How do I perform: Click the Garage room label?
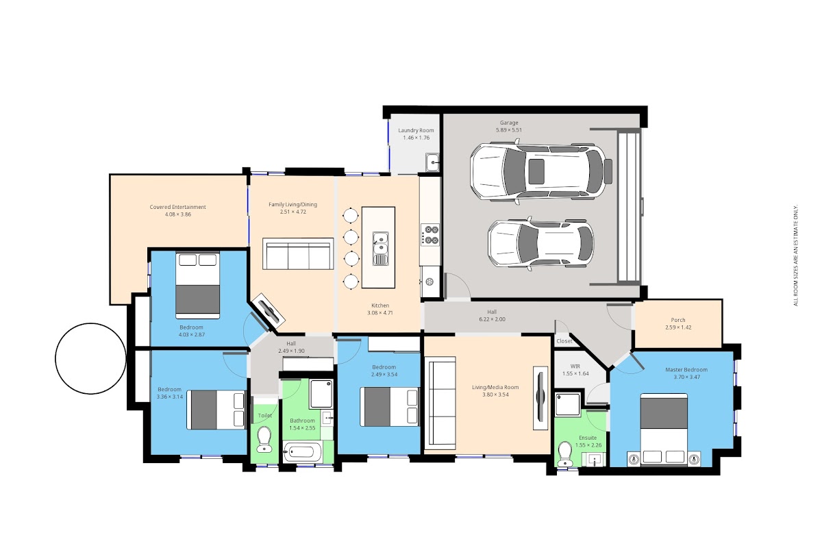click(508, 123)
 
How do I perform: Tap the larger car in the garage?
click(541, 171)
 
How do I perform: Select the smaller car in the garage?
click(541, 244)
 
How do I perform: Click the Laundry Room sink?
click(433, 162)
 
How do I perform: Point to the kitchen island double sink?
click(381, 248)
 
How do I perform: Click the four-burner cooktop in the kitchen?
click(430, 235)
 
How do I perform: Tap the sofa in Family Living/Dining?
click(298, 253)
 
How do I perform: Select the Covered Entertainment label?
click(177, 207)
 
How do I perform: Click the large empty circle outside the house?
click(90, 359)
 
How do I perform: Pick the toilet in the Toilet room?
click(264, 440)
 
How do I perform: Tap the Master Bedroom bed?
click(664, 429)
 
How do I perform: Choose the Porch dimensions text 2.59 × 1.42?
click(678, 327)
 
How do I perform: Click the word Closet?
click(564, 341)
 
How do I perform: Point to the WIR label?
click(575, 366)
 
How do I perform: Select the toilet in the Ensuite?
click(564, 453)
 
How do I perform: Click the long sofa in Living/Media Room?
click(440, 403)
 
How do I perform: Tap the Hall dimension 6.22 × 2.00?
click(492, 319)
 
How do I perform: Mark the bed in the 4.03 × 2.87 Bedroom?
click(198, 285)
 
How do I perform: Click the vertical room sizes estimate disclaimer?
click(795, 255)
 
